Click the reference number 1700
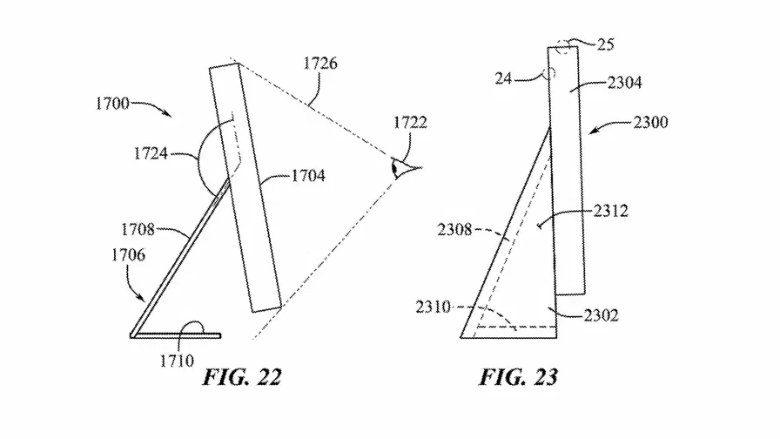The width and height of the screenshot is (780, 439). pyautogui.click(x=112, y=104)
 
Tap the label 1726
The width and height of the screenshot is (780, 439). pyautogui.click(x=320, y=64)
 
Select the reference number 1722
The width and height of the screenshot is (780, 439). pyautogui.click(x=410, y=123)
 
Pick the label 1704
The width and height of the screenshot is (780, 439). pyautogui.click(x=308, y=176)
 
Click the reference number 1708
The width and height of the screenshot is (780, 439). pyautogui.click(x=138, y=229)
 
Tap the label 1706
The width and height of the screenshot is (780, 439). pyautogui.click(x=128, y=255)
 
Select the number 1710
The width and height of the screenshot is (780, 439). pyautogui.click(x=177, y=361)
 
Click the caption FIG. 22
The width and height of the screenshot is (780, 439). pyautogui.click(x=242, y=377)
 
